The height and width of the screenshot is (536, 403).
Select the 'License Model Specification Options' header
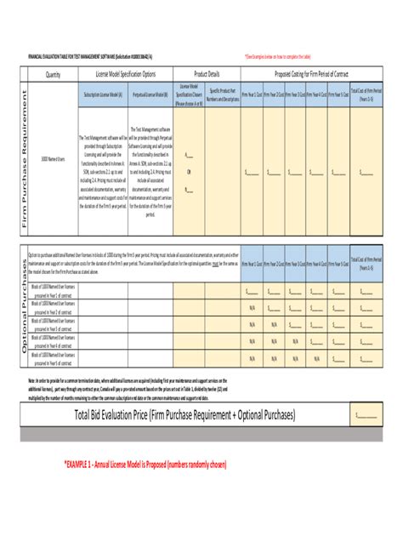[x=125, y=74]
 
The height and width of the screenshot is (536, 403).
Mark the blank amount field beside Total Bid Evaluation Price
[x=366, y=414]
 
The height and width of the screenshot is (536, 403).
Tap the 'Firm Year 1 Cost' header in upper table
[x=252, y=95]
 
